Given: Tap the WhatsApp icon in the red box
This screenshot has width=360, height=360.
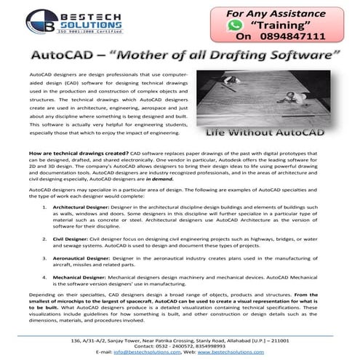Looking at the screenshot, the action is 233,24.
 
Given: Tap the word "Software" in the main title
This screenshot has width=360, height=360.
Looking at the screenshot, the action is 295,56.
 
